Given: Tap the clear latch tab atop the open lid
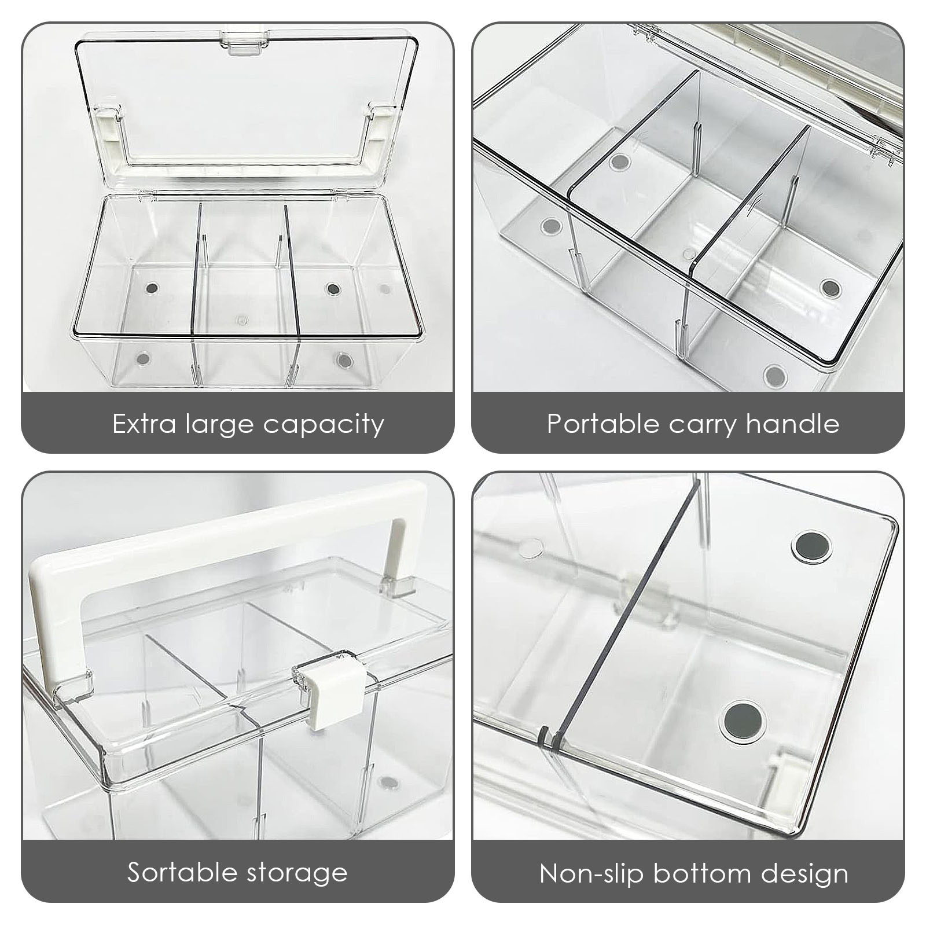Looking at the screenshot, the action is click(242, 41).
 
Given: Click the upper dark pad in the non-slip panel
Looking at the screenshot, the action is click(811, 546).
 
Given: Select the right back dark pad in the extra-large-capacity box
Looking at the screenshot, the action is click(332, 288).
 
